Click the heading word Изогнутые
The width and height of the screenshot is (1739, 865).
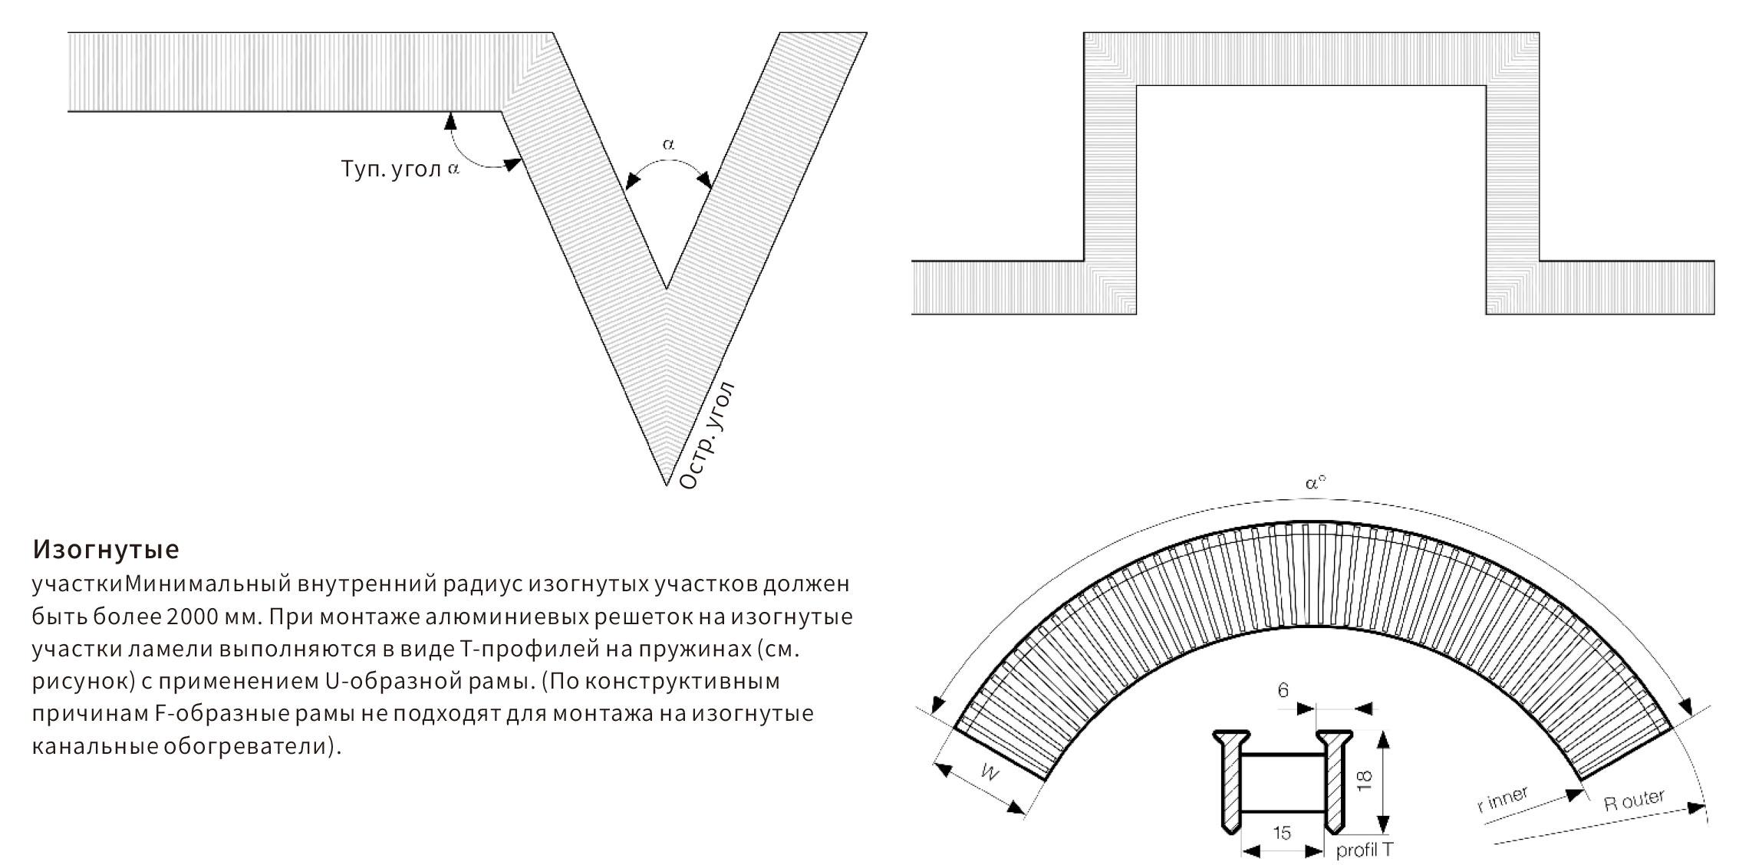click(106, 549)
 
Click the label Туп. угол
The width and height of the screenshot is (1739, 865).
click(390, 169)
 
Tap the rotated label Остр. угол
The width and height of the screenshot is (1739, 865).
click(706, 435)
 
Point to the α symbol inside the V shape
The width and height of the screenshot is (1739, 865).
click(668, 143)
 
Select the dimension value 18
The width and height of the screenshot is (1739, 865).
click(1363, 781)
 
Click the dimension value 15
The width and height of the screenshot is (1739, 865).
click(1281, 833)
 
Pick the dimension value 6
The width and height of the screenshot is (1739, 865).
click(1283, 691)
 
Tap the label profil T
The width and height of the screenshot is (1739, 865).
click(1364, 850)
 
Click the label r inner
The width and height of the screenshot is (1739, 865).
click(1502, 800)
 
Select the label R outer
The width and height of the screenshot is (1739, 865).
click(1634, 801)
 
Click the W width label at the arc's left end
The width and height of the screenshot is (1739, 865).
click(990, 773)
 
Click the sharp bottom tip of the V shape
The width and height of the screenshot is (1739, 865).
click(666, 485)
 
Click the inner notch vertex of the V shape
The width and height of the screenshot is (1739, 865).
click(666, 289)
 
